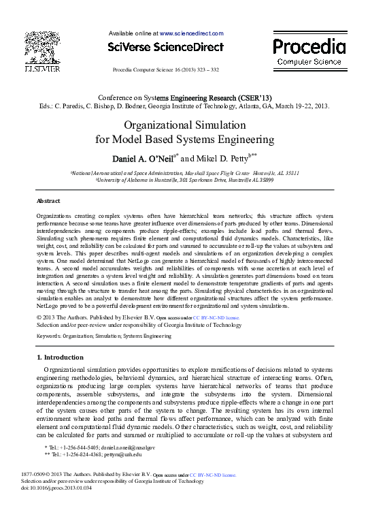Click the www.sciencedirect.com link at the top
coord(191,33)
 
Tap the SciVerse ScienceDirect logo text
coord(165,48)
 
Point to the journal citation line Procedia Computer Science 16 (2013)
coord(165,70)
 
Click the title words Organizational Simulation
coord(184,125)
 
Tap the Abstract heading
coord(48,201)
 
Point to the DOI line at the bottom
coord(56,488)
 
